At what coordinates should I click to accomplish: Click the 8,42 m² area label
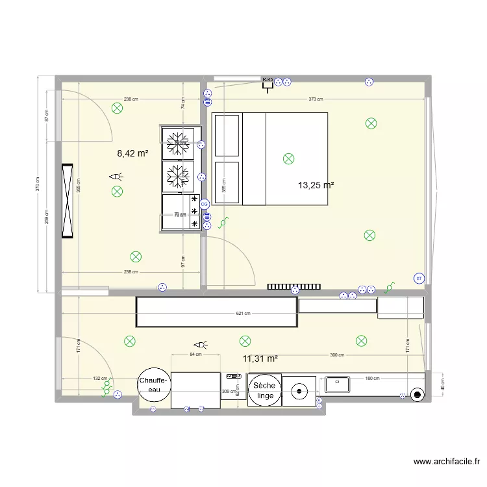click(x=132, y=153)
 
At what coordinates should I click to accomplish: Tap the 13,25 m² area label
click(x=316, y=185)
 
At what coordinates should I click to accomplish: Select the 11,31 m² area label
click(x=260, y=358)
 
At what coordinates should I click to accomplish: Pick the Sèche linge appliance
click(x=264, y=391)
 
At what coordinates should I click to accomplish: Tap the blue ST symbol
click(x=419, y=279)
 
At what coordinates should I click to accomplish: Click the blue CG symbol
click(x=205, y=204)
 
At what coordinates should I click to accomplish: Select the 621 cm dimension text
click(x=242, y=314)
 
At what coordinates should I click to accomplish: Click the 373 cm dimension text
click(x=316, y=99)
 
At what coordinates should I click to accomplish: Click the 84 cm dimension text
click(x=195, y=355)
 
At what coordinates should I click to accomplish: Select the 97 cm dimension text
click(x=184, y=260)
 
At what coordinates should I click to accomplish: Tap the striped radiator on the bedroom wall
click(x=294, y=286)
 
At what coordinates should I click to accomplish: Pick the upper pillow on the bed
click(x=227, y=135)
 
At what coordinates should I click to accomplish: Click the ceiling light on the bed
click(x=288, y=158)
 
